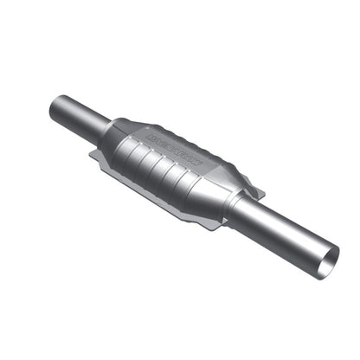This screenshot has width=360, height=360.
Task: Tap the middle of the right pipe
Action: pos(286,231)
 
